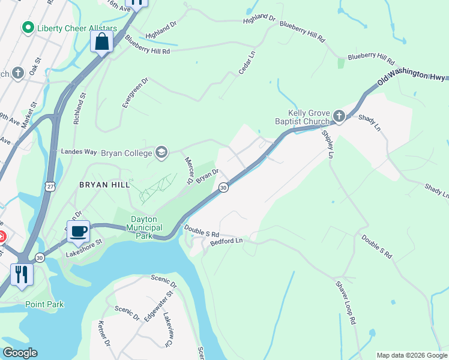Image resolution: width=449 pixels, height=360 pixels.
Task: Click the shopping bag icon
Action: (101, 42)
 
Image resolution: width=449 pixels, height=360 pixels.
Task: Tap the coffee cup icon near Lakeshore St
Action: (78, 231)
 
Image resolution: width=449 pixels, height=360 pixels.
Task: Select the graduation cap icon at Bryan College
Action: (161, 152)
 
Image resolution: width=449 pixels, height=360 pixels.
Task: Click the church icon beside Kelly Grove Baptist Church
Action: (339, 115)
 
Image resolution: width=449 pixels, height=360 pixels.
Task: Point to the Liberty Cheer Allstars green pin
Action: (27, 28)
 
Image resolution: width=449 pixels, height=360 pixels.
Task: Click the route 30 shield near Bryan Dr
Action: (223, 188)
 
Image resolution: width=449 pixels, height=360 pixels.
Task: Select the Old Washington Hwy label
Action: (412, 76)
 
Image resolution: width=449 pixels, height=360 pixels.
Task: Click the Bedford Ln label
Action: (226, 241)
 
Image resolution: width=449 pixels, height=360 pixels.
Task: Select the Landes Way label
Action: (78, 152)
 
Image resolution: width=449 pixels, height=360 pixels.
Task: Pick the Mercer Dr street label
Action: (189, 170)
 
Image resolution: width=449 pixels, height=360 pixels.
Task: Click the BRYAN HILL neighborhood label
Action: (104, 185)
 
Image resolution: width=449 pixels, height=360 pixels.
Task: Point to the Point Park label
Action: (44, 304)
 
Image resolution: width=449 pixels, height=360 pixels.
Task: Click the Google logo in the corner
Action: (20, 352)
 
